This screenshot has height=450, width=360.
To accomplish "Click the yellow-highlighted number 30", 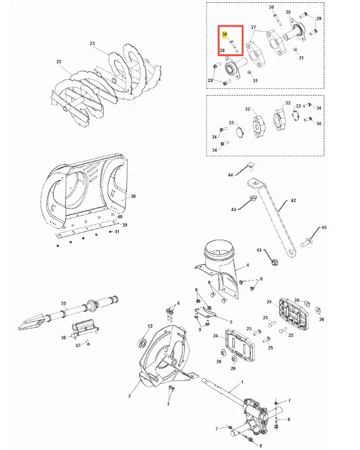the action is (225, 34).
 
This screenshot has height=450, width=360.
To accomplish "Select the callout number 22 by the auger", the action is (59, 62).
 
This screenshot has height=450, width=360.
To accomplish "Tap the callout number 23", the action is (92, 44).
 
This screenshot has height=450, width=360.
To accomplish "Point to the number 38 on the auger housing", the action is (133, 196).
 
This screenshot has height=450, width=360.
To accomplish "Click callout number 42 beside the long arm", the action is (293, 200).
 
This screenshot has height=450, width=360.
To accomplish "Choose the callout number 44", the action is (230, 175).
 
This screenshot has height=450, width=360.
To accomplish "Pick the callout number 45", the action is (324, 228).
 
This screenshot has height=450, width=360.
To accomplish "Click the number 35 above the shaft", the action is (63, 303).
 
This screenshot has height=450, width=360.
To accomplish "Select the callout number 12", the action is (150, 326).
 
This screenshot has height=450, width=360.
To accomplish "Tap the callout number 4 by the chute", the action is (248, 265).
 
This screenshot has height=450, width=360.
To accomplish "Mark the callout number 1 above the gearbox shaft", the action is (242, 382).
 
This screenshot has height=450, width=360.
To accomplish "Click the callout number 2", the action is (130, 396).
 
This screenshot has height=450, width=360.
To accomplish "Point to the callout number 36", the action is (63, 337).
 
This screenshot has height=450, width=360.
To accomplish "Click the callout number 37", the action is (78, 345).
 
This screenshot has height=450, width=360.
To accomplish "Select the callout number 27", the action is (253, 27).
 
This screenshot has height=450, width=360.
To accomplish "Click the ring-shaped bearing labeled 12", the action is (143, 342).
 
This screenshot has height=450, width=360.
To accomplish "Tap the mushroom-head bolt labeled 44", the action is (250, 166).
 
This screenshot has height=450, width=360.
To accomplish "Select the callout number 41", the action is (117, 232).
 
